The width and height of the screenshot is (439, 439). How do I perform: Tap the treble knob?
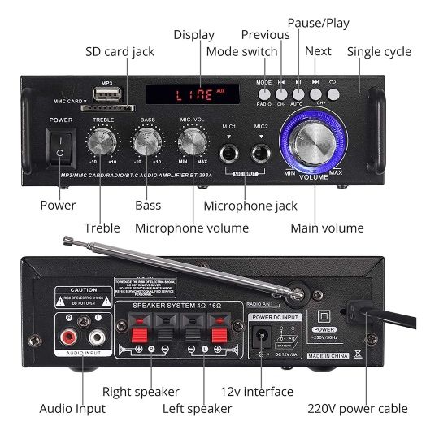coord(103,143)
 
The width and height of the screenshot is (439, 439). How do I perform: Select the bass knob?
coord(147,143)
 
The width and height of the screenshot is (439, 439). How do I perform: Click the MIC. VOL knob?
coord(192,143)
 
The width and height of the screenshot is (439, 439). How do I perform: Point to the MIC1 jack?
coord(228,150)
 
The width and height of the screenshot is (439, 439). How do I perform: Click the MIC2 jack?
coord(260,150)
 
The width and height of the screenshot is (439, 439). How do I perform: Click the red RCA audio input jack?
coord(67,334)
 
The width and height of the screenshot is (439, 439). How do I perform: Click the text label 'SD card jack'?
coord(120,52)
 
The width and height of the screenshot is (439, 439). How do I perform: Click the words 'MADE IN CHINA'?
coord(330,356)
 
